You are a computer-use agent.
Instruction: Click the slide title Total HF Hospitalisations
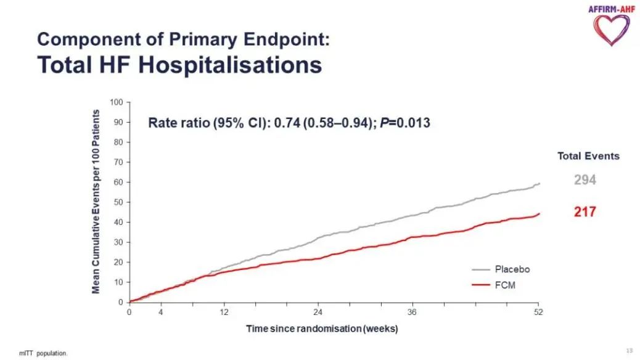click(x=179, y=64)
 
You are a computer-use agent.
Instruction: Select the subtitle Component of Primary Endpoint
click(x=184, y=39)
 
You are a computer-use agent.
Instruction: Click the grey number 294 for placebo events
click(x=585, y=180)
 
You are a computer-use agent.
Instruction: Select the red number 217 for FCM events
click(x=585, y=212)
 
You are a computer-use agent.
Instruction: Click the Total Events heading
click(x=588, y=156)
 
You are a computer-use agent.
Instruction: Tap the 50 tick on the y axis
click(x=118, y=202)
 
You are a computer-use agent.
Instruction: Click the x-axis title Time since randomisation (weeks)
click(x=322, y=329)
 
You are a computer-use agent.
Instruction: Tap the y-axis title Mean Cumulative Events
click(x=96, y=202)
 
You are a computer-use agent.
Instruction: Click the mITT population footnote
click(x=43, y=353)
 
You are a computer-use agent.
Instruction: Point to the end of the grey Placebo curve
click(x=539, y=183)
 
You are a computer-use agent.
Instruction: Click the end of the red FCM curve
click(x=539, y=213)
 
